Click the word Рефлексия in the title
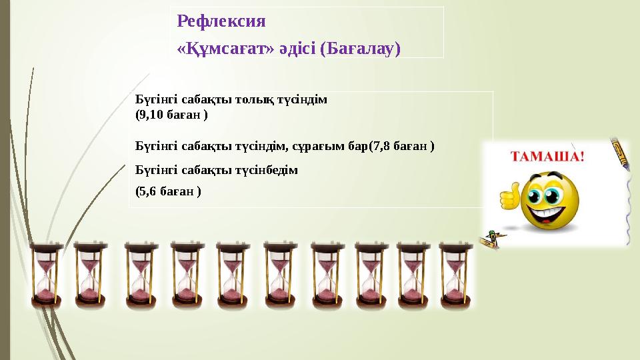click(221, 21)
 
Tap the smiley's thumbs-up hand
click(509, 198)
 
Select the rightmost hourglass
click(456, 275)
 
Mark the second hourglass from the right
click(414, 275)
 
